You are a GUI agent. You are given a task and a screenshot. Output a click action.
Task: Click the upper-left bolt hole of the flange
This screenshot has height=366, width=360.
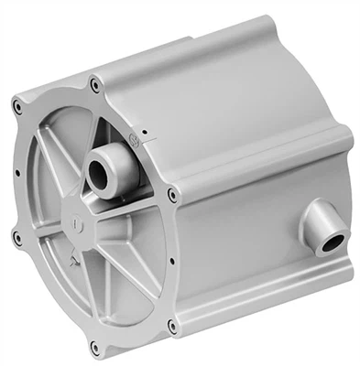point(18,107)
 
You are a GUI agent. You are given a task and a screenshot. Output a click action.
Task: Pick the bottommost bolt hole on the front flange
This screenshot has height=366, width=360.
point(94,346)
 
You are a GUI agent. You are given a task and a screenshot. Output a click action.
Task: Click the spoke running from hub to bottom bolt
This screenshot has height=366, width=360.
point(89,293)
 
